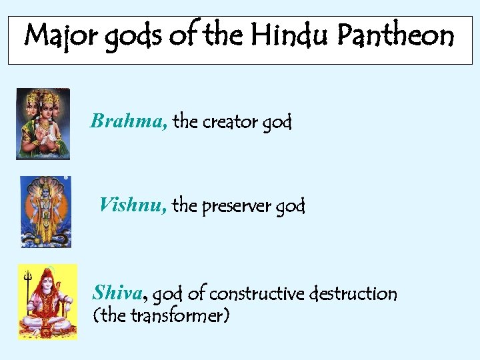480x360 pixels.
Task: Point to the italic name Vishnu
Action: tap(133, 205)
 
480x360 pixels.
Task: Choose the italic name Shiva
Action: tap(118, 293)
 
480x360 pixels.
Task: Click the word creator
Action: tap(230, 122)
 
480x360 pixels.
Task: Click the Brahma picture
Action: tap(43, 123)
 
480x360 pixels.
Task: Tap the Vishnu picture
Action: tap(45, 211)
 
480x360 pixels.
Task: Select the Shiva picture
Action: tap(47, 301)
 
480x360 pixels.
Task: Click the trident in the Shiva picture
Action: tap(28, 293)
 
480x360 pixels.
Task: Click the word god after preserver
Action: tap(289, 207)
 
